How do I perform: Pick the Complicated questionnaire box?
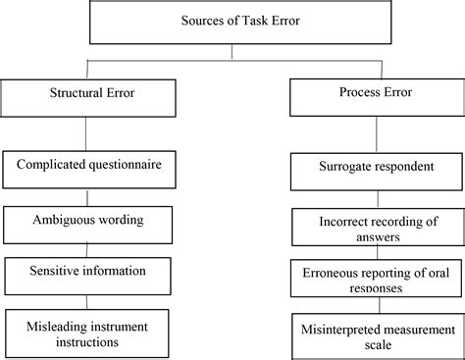pos(90,169)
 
